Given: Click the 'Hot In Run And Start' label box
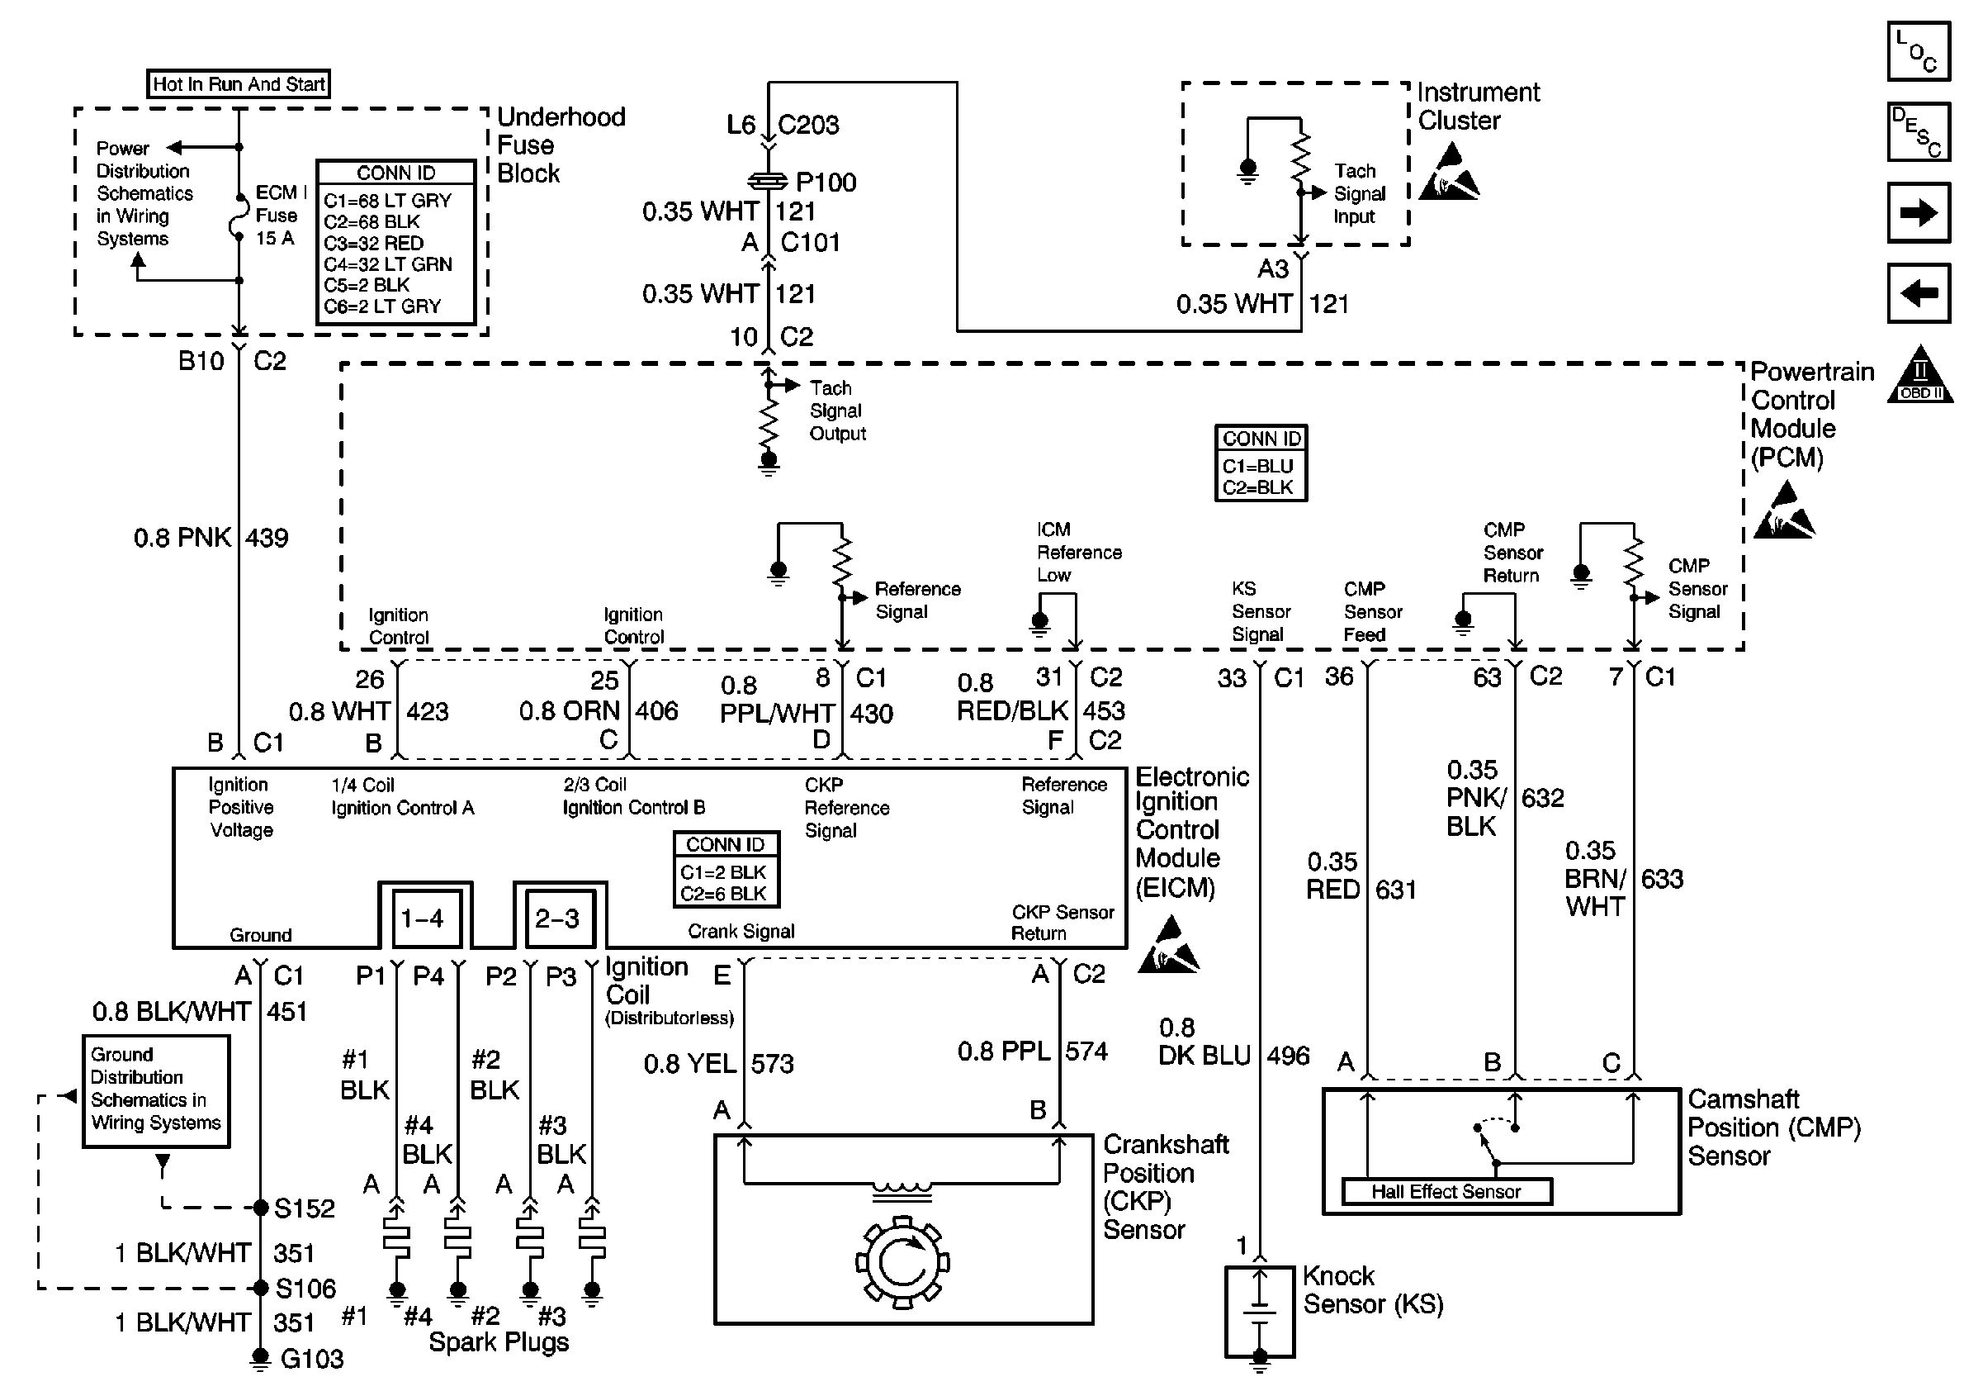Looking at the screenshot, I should (x=239, y=83).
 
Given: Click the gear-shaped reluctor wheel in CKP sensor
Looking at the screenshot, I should (x=902, y=1262).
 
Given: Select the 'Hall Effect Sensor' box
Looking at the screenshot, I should (x=1446, y=1191).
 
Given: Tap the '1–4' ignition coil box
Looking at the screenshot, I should (x=423, y=918).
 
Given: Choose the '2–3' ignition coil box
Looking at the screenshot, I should (x=558, y=918).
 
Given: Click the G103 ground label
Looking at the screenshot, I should (x=312, y=1359).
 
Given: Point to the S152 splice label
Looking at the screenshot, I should (x=304, y=1208).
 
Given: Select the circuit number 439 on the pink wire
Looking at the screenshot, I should (x=267, y=539).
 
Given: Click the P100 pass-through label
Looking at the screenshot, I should (x=826, y=183).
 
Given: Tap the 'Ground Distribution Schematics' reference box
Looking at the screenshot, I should (x=156, y=1089).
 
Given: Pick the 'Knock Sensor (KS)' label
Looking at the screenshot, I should (x=1371, y=1290).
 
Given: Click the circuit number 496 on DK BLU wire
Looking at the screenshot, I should (x=1288, y=1056).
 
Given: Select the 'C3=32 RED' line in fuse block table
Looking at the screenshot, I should (x=373, y=243).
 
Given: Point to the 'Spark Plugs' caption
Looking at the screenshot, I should (x=499, y=1341).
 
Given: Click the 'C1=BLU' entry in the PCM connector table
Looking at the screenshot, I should (x=1257, y=466).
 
